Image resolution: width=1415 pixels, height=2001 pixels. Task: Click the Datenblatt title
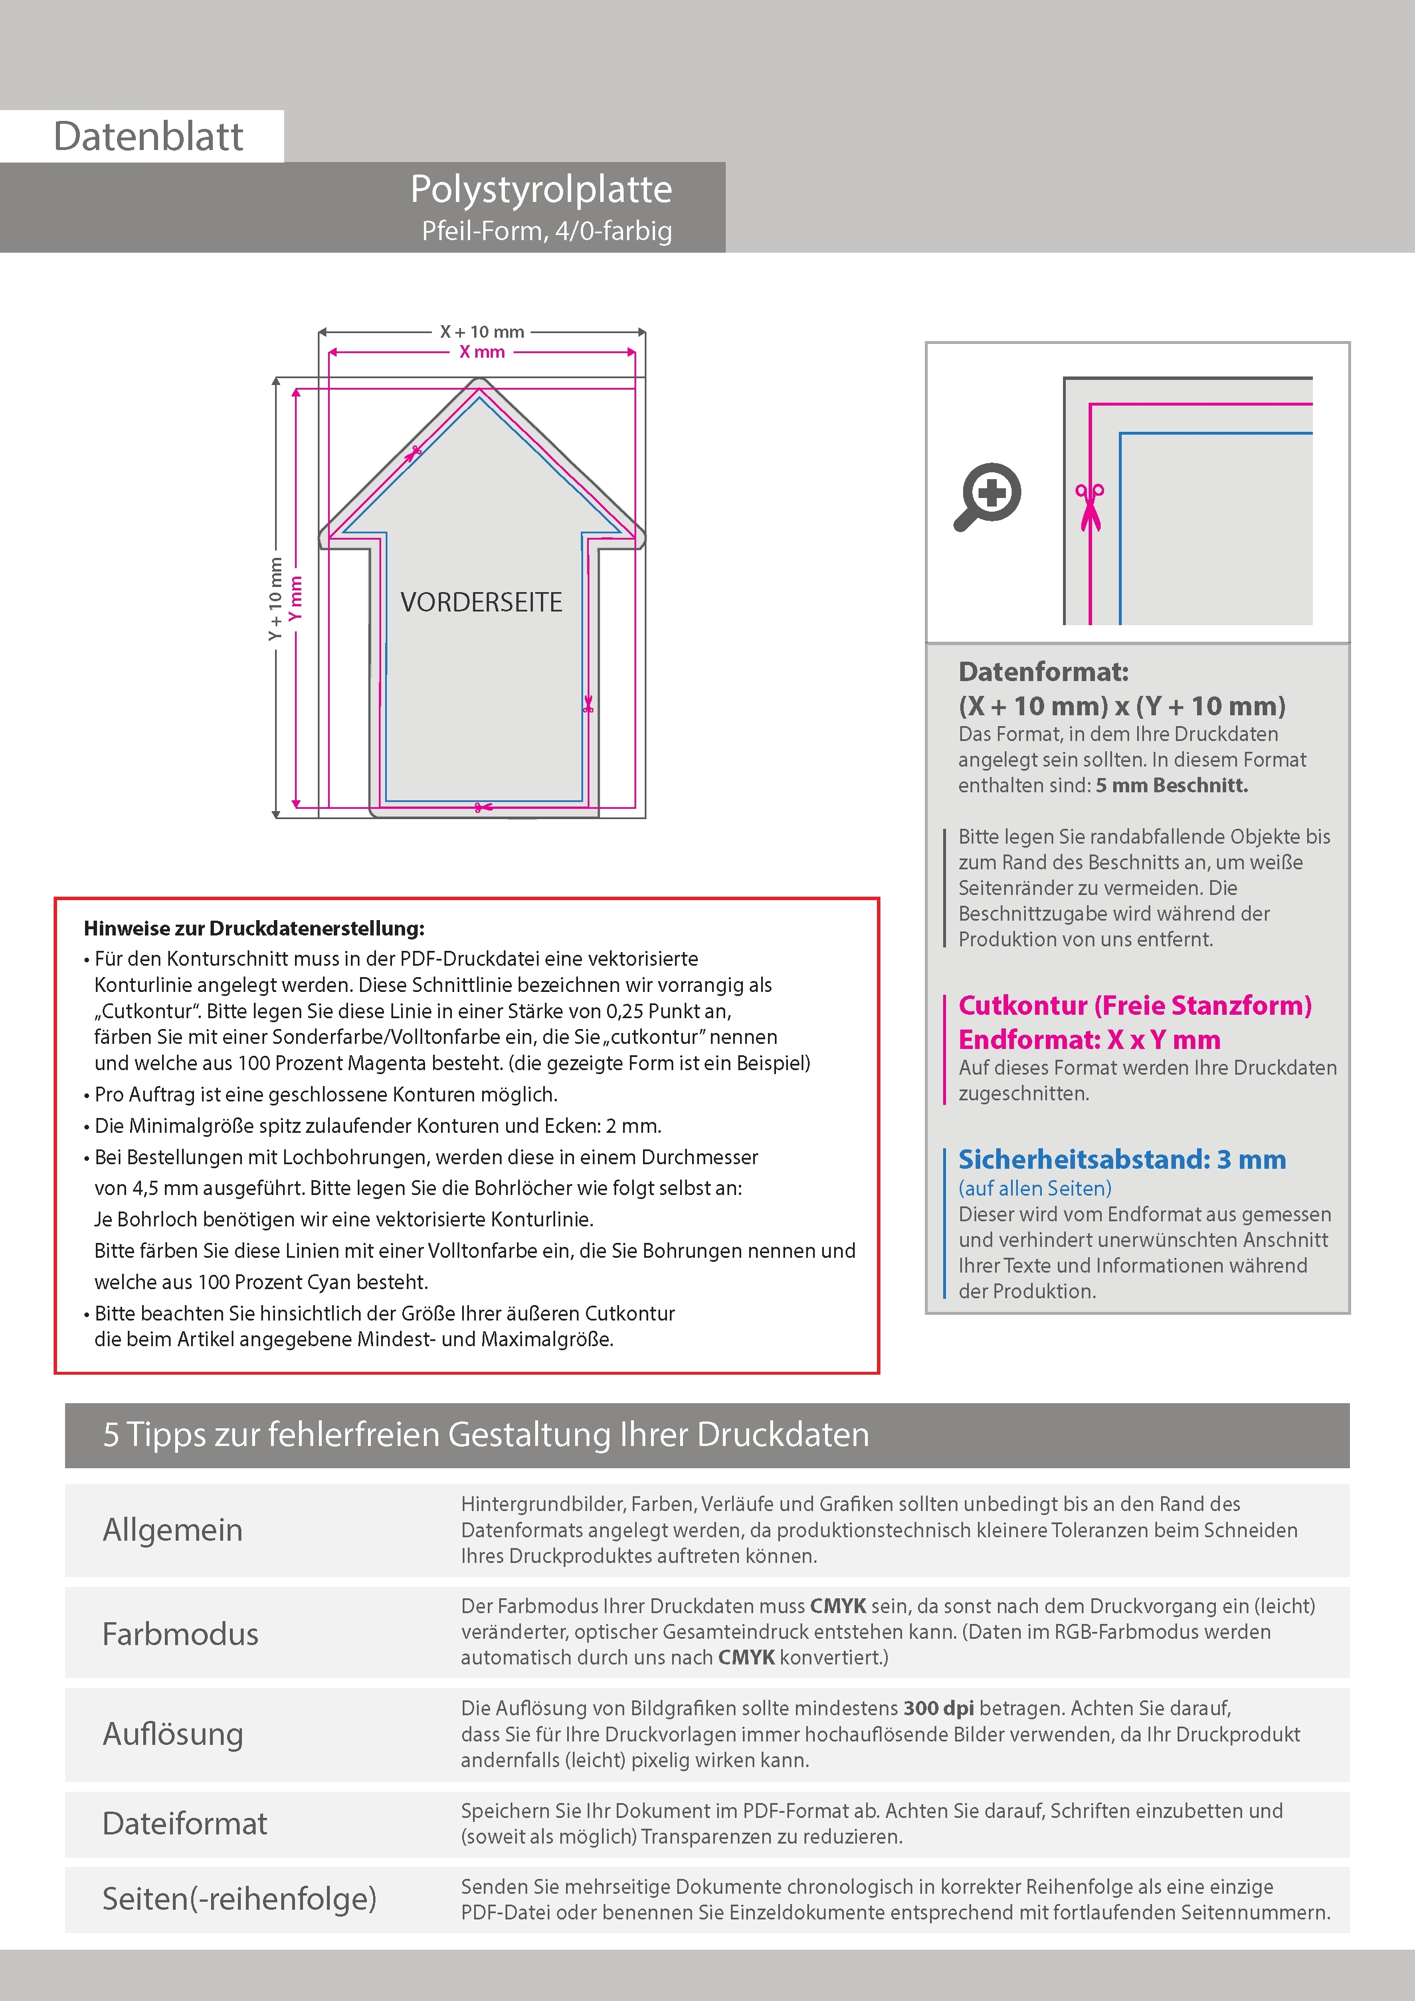coord(148,137)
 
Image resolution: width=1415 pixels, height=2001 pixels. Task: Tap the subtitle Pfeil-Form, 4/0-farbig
coord(547,231)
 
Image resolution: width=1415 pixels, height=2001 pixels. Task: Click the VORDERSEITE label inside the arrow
coord(481,602)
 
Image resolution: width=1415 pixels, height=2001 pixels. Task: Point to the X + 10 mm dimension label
coord(482,332)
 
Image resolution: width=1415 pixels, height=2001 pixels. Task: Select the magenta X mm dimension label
coord(482,352)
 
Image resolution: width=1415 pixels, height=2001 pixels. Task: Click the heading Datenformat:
coord(1043,672)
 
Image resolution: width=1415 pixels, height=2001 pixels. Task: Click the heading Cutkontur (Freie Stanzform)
coord(1134,1006)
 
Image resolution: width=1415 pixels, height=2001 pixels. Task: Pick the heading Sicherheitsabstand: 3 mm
coord(1121,1160)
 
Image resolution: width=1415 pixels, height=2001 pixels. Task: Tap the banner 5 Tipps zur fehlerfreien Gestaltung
coord(486,1435)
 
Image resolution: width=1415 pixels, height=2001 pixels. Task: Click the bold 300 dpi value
coord(938,1708)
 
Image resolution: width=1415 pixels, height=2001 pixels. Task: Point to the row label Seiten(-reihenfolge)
coord(239,1899)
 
